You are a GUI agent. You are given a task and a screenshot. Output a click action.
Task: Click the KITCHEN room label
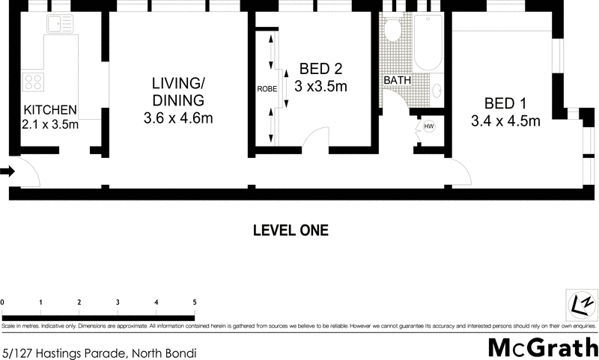[50, 109]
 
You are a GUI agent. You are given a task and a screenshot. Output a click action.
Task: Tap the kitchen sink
[58, 25]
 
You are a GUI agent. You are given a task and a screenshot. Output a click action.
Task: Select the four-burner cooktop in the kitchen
[33, 80]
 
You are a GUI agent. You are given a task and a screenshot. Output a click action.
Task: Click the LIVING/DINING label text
[178, 91]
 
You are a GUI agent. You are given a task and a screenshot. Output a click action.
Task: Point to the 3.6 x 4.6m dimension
[178, 118]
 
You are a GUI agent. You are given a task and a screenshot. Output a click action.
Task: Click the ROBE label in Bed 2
[267, 88]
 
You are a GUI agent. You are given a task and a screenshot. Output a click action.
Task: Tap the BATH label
[396, 80]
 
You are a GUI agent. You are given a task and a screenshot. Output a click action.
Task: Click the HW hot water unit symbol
[429, 126]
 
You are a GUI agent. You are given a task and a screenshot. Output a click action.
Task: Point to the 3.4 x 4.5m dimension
[505, 121]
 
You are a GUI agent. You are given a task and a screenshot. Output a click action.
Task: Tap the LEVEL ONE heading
[291, 231]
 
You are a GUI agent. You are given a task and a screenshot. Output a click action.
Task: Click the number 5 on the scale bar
[195, 302]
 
